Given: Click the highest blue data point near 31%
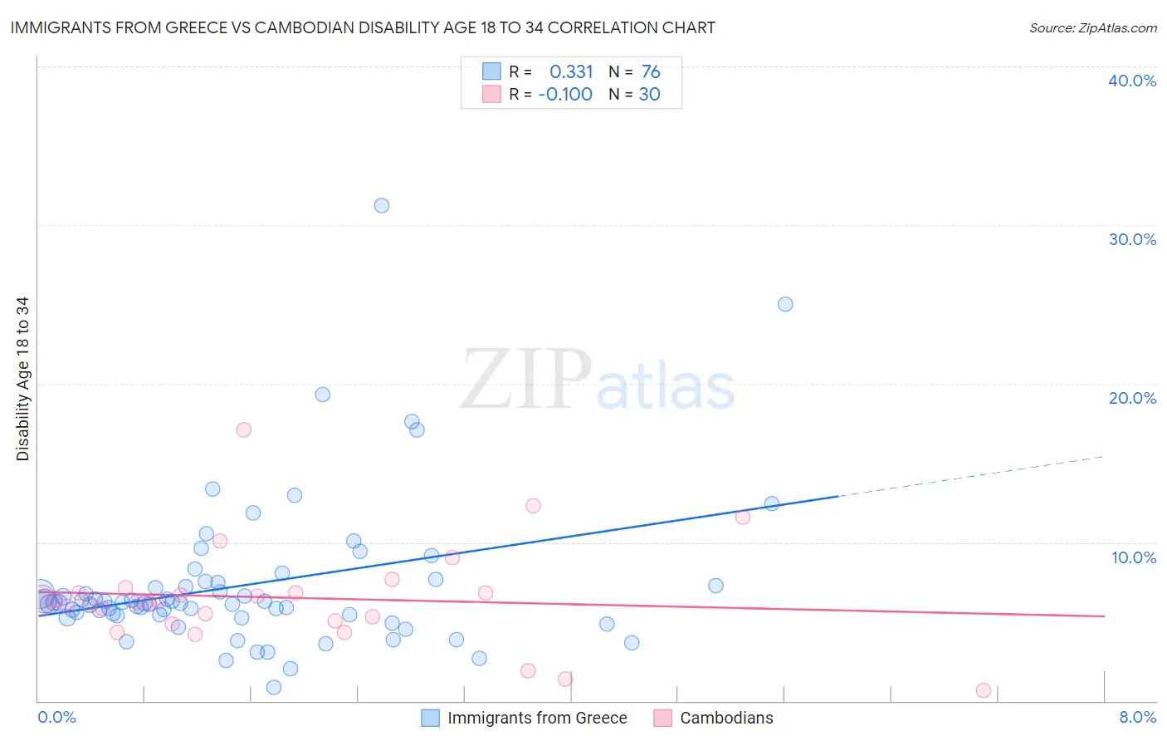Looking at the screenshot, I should pyautogui.click(x=382, y=205).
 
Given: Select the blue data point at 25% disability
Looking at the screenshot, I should pyautogui.click(x=785, y=304).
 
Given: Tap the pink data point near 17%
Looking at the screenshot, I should pyautogui.click(x=243, y=429).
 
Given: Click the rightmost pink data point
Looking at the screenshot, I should pyautogui.click(x=984, y=690).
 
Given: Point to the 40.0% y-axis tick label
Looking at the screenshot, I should pyautogui.click(x=1132, y=81).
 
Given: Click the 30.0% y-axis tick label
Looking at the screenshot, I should pyautogui.click(x=1132, y=239).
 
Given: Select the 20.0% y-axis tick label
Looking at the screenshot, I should pyautogui.click(x=1132, y=398).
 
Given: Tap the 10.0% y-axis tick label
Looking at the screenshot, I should pyautogui.click(x=1134, y=557).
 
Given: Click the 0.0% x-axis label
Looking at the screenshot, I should pyautogui.click(x=56, y=717).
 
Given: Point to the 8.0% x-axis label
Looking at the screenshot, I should pyautogui.click(x=1137, y=717).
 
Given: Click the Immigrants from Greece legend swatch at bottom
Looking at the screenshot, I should pyautogui.click(x=430, y=718).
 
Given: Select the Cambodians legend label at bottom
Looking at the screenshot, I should pyautogui.click(x=726, y=718).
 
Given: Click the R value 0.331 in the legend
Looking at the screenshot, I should pyautogui.click(x=571, y=72).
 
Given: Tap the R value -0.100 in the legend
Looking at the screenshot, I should pyautogui.click(x=565, y=94).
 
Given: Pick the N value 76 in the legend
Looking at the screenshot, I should pyautogui.click(x=651, y=72).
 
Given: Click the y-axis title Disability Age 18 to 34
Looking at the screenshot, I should pyautogui.click(x=22, y=379).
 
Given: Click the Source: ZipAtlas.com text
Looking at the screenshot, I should pyautogui.click(x=1092, y=27).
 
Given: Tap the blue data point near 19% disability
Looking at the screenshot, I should pyautogui.click(x=323, y=395).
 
